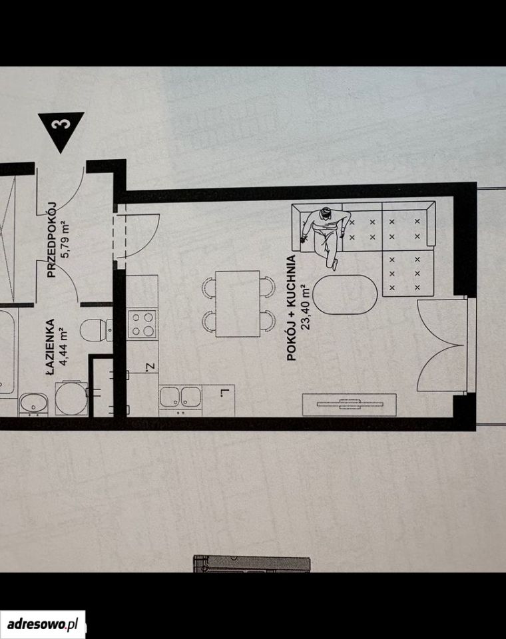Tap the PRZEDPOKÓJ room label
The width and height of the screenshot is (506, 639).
[51, 240]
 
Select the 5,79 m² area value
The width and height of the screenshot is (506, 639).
[65, 240]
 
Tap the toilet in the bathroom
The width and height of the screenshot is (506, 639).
[97, 329]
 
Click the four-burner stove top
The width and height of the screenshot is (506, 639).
[142, 323]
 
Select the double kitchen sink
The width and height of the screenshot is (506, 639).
[180, 397]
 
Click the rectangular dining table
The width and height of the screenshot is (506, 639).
[238, 304]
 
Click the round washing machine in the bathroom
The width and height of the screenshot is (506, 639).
[71, 399]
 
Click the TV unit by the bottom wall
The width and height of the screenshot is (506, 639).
[349, 404]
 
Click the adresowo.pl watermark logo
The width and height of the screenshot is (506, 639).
[43, 624]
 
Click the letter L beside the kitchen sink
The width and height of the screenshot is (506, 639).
[224, 393]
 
